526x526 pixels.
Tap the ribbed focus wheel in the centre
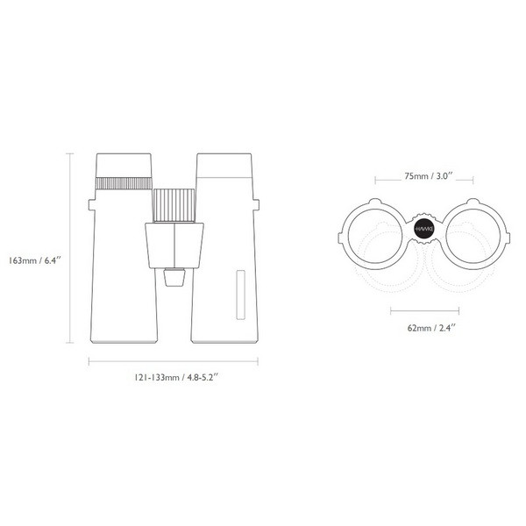[x=174, y=204]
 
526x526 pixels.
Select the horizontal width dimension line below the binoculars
[x=174, y=359]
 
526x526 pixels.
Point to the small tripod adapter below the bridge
[x=174, y=277]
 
